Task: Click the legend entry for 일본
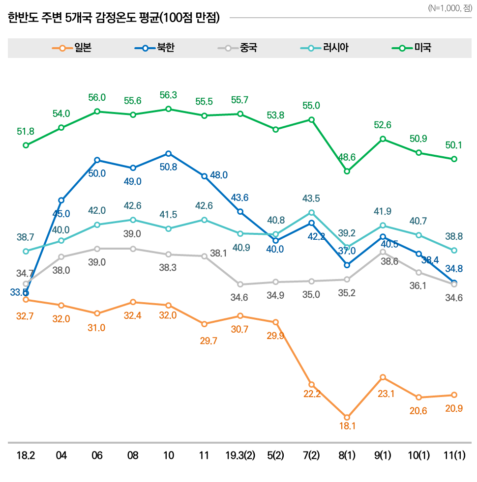pyautogui.click(x=72, y=48)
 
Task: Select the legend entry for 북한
pyautogui.click(x=154, y=48)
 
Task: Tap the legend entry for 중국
pyautogui.click(x=238, y=48)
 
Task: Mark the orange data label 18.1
pyautogui.click(x=347, y=426)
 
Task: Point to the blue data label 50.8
pyautogui.click(x=168, y=167)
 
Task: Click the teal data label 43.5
pyautogui.click(x=311, y=198)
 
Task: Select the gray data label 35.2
pyautogui.click(x=347, y=294)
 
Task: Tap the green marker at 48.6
pyautogui.click(x=347, y=171)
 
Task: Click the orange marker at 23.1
pyautogui.click(x=383, y=377)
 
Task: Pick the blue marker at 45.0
pyautogui.click(x=61, y=200)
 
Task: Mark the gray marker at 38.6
pyautogui.click(x=383, y=252)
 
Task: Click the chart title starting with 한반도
pyautogui.click(x=114, y=18)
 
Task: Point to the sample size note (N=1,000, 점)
pyautogui.click(x=449, y=8)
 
